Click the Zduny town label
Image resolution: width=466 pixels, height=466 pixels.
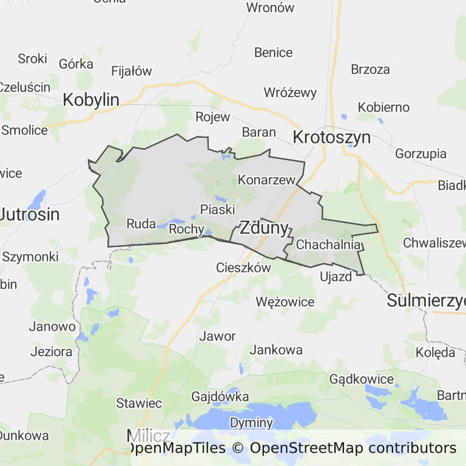coord(264,228)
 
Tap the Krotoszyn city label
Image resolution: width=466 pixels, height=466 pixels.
coord(331,137)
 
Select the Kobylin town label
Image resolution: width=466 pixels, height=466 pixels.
coord(91,100)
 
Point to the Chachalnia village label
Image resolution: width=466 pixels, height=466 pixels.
coord(329,245)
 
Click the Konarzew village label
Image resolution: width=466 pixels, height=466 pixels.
coord(266,180)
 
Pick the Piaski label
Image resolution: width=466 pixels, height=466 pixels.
coord(217,209)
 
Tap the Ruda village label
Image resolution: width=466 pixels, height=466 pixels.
coord(141,224)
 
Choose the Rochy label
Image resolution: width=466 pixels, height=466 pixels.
coord(186,229)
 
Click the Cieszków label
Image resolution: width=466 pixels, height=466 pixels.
coord(243,268)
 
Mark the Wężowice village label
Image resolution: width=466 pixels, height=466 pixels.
coord(285,302)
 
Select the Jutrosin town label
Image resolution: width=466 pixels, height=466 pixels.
coord(30,214)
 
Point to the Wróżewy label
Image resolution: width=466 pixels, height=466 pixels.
coord(290,93)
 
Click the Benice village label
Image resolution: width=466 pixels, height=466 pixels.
coord(273,53)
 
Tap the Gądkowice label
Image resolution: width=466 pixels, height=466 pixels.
coord(361,379)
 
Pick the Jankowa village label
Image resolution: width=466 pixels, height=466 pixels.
coord(276,350)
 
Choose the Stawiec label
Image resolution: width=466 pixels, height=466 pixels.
coord(139,403)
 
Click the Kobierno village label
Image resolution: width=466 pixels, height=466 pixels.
coord(383,107)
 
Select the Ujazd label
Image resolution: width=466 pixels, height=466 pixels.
coord(336,277)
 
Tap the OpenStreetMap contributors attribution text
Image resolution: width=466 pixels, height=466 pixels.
coord(353,448)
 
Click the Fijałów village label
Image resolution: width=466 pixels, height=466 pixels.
coord(132,71)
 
